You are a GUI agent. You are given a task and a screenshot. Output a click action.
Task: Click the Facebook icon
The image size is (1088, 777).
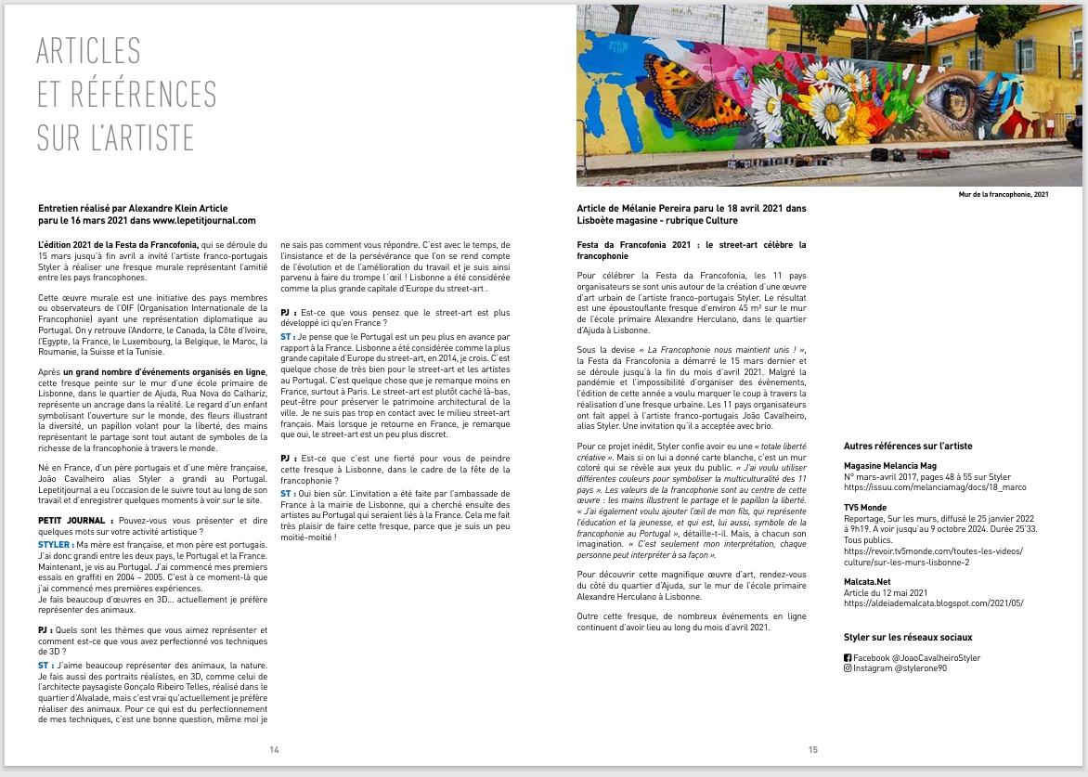(x=848, y=658)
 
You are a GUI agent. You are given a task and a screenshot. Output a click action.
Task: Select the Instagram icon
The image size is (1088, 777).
(x=848, y=668)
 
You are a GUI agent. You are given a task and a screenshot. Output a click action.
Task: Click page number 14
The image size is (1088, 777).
(x=274, y=750)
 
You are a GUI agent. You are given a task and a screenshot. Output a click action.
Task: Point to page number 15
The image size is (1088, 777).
(x=813, y=750)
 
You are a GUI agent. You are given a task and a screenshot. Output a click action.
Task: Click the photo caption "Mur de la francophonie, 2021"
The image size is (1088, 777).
(x=1004, y=195)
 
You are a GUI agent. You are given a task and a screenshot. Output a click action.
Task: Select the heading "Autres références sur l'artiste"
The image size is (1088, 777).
(x=908, y=447)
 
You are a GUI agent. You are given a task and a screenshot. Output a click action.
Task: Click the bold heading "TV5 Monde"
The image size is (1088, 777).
(x=864, y=508)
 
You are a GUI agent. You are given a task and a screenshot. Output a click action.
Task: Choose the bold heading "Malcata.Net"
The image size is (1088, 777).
(x=867, y=582)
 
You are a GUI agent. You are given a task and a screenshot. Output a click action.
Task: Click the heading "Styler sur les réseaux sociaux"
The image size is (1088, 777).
(x=908, y=638)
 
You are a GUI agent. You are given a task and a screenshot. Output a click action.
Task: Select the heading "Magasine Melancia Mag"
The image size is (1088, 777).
(x=889, y=465)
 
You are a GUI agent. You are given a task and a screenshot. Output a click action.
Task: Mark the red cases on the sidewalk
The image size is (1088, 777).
(x=933, y=153)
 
